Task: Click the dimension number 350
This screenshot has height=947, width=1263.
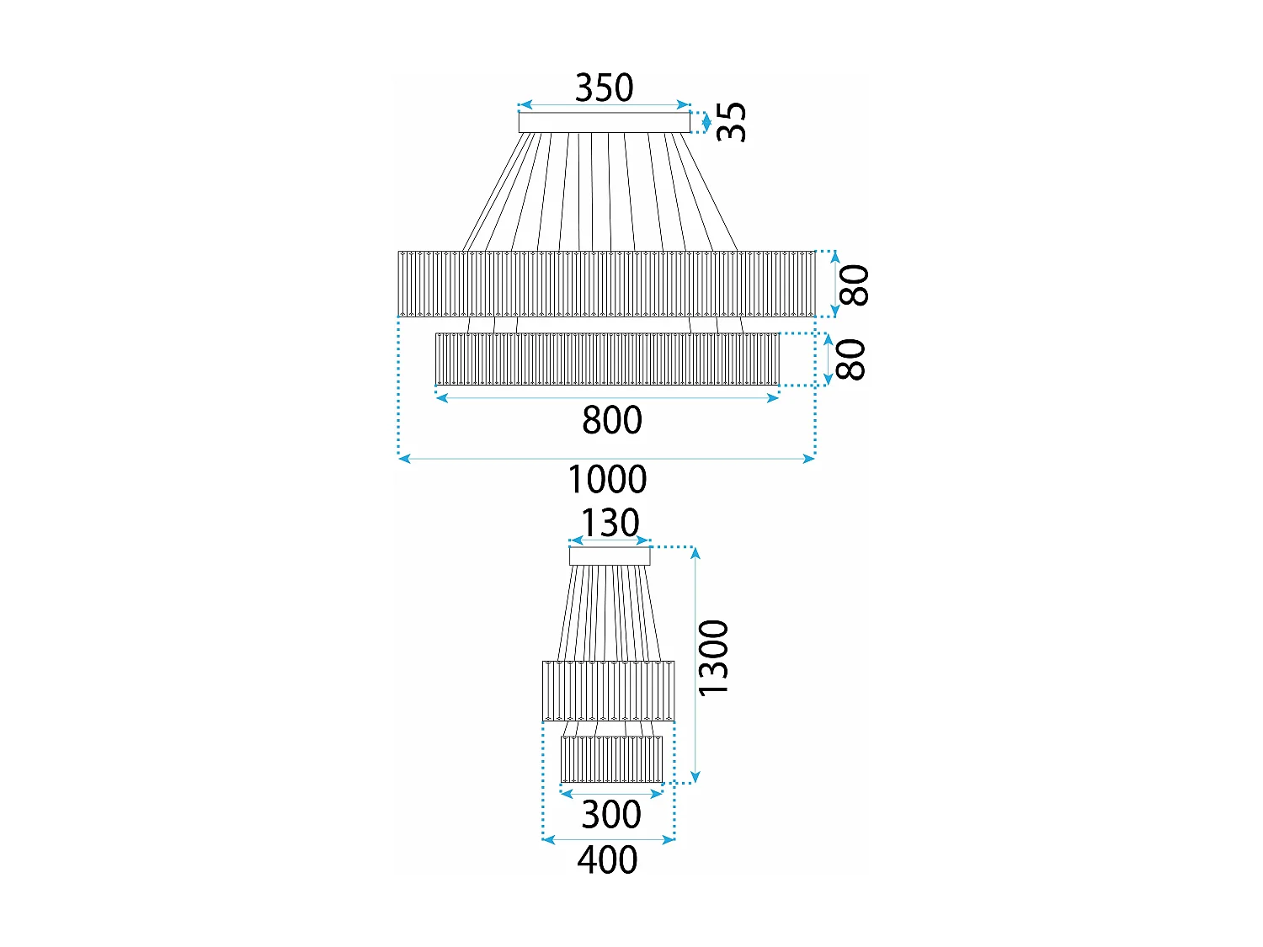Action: pyautogui.click(x=604, y=88)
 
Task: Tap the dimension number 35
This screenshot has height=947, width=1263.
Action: pyautogui.click(x=731, y=122)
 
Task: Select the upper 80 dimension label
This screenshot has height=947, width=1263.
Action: pyautogui.click(x=854, y=285)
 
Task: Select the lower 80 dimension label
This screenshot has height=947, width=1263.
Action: pyautogui.click(x=850, y=359)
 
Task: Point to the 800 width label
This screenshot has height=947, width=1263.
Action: pyautogui.click(x=612, y=420)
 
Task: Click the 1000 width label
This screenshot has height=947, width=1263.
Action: pyautogui.click(x=607, y=480)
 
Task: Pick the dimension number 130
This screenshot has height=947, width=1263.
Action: pyautogui.click(x=610, y=523)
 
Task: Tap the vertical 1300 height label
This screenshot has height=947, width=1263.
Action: pyautogui.click(x=713, y=658)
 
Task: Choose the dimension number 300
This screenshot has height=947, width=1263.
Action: pyautogui.click(x=611, y=815)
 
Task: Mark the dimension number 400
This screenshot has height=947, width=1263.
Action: pyautogui.click(x=607, y=860)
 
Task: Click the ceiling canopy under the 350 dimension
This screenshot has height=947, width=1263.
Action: pyautogui.click(x=604, y=123)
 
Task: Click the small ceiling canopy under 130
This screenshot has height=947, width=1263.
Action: pyautogui.click(x=610, y=556)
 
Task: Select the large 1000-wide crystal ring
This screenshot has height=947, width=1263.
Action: pyautogui.click(x=606, y=284)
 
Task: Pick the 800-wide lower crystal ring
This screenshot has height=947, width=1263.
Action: pyautogui.click(x=607, y=359)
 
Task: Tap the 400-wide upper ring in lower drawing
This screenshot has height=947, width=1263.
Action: pyautogui.click(x=608, y=690)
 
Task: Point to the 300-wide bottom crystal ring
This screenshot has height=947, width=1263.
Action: pyautogui.click(x=611, y=759)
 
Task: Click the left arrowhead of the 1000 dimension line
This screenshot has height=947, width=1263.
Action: pyautogui.click(x=403, y=459)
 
